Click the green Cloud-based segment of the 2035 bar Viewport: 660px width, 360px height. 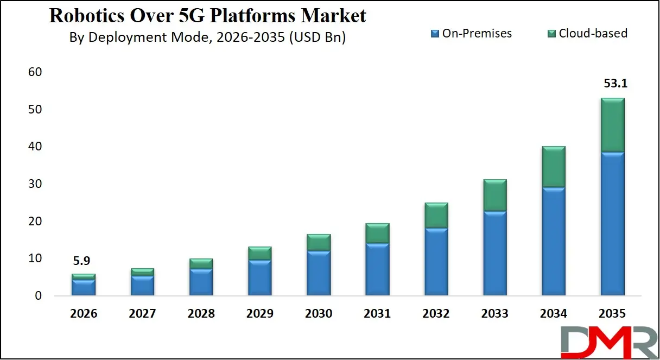coord(612,125)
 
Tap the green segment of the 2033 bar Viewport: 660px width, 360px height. coord(494,195)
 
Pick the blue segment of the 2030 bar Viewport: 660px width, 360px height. coord(319,273)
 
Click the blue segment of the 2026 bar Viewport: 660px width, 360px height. coord(83,287)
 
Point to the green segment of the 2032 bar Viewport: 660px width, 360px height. coord(436,215)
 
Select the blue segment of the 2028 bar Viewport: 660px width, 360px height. coord(201,282)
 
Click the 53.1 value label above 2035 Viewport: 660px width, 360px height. coord(612,84)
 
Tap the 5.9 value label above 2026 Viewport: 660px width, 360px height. coord(83,261)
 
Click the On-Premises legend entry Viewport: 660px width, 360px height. coord(471,33)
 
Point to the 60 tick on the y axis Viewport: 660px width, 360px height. coord(34,72)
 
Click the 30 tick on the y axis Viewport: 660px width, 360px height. coord(34,184)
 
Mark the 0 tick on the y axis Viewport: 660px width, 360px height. coord(37,296)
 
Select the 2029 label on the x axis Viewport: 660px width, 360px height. coord(259,314)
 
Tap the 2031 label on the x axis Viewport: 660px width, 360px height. coord(377,314)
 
